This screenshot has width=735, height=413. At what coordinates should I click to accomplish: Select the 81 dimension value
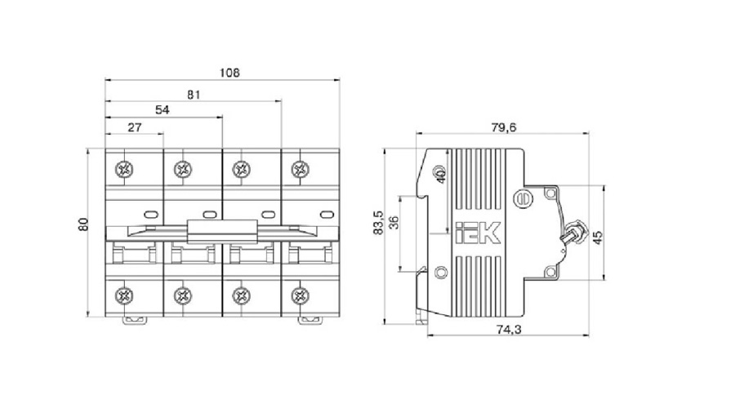click(194, 94)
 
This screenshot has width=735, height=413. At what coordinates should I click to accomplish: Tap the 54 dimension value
click(163, 110)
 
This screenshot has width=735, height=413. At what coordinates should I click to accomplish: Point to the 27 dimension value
click(135, 127)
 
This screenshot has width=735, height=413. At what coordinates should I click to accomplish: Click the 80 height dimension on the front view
click(83, 224)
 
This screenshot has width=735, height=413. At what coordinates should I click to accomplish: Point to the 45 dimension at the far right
click(598, 236)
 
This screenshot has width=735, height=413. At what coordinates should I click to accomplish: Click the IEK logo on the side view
click(479, 235)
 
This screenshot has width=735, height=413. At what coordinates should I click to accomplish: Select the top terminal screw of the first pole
click(125, 170)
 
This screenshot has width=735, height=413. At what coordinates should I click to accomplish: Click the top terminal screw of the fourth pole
click(301, 170)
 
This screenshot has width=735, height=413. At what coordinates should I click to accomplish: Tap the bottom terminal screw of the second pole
click(183, 294)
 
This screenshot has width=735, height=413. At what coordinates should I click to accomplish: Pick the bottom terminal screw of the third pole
click(242, 294)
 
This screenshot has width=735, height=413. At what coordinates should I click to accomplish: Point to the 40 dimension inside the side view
click(439, 176)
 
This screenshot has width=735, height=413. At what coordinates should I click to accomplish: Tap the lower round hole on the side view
click(442, 273)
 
